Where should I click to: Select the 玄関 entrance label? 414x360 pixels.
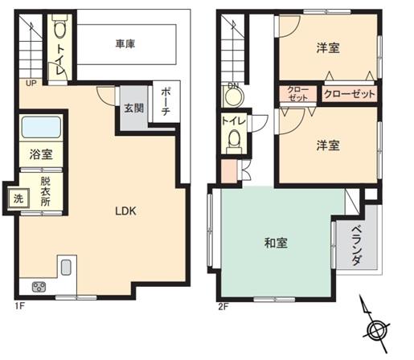coord(133,108)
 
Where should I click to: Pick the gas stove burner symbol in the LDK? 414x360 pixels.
coord(38,287)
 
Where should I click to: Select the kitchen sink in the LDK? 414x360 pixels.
coord(67,268)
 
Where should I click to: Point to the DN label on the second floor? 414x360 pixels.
coord(234,86)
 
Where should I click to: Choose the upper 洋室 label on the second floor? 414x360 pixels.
coord(327,48)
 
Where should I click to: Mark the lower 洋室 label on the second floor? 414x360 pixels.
coord(327,145)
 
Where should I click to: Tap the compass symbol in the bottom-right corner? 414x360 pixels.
coord(375,329)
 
